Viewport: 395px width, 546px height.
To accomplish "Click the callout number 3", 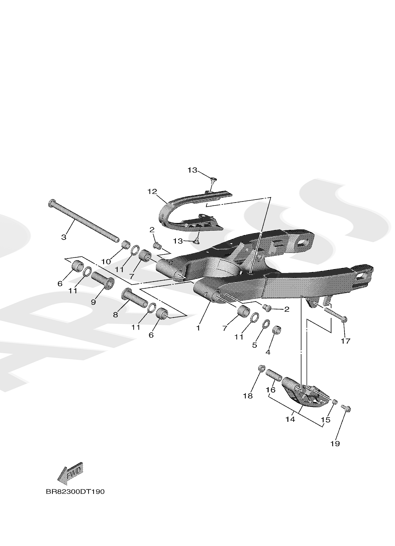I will (x=64, y=237).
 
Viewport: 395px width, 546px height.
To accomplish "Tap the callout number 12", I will (x=152, y=191).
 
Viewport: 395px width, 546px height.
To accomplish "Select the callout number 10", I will (x=106, y=261).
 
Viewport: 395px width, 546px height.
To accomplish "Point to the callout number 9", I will (x=93, y=302).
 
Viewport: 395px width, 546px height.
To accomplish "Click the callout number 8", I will (x=115, y=315).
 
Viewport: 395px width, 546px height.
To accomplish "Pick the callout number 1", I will (x=198, y=328).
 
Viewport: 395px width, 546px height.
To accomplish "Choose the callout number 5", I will (x=254, y=345).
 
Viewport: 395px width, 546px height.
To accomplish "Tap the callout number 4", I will (x=268, y=352).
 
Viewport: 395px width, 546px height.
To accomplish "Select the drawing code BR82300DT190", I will (x=75, y=492).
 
